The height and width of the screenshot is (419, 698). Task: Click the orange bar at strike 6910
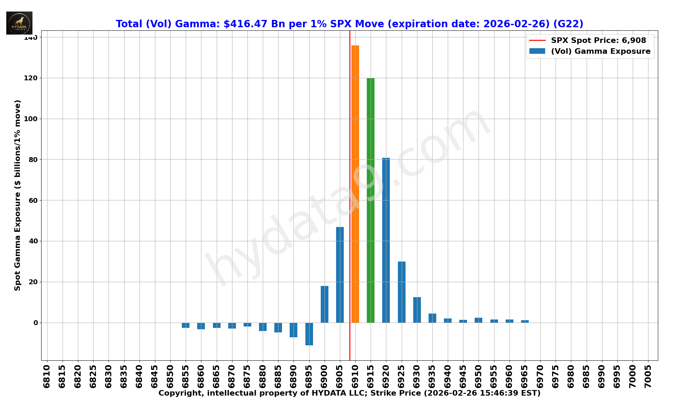(355, 184)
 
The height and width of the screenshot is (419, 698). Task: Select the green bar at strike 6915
(371, 200)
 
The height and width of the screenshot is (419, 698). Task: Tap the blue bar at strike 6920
(386, 240)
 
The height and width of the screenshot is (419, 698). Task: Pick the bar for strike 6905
(340, 275)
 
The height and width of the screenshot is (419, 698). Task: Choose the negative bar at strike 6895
(309, 334)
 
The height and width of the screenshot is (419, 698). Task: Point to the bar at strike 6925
(402, 292)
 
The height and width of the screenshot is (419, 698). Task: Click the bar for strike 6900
(325, 304)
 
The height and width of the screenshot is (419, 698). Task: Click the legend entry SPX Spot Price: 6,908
(598, 41)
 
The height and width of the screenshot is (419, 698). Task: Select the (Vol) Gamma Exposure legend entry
(600, 51)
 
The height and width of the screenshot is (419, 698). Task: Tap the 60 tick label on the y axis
(34, 200)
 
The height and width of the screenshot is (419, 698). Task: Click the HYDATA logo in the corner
(19, 23)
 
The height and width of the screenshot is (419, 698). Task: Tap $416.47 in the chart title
(245, 24)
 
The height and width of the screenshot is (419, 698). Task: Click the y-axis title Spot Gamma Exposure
(17, 195)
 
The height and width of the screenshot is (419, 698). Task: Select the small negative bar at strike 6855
(186, 325)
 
